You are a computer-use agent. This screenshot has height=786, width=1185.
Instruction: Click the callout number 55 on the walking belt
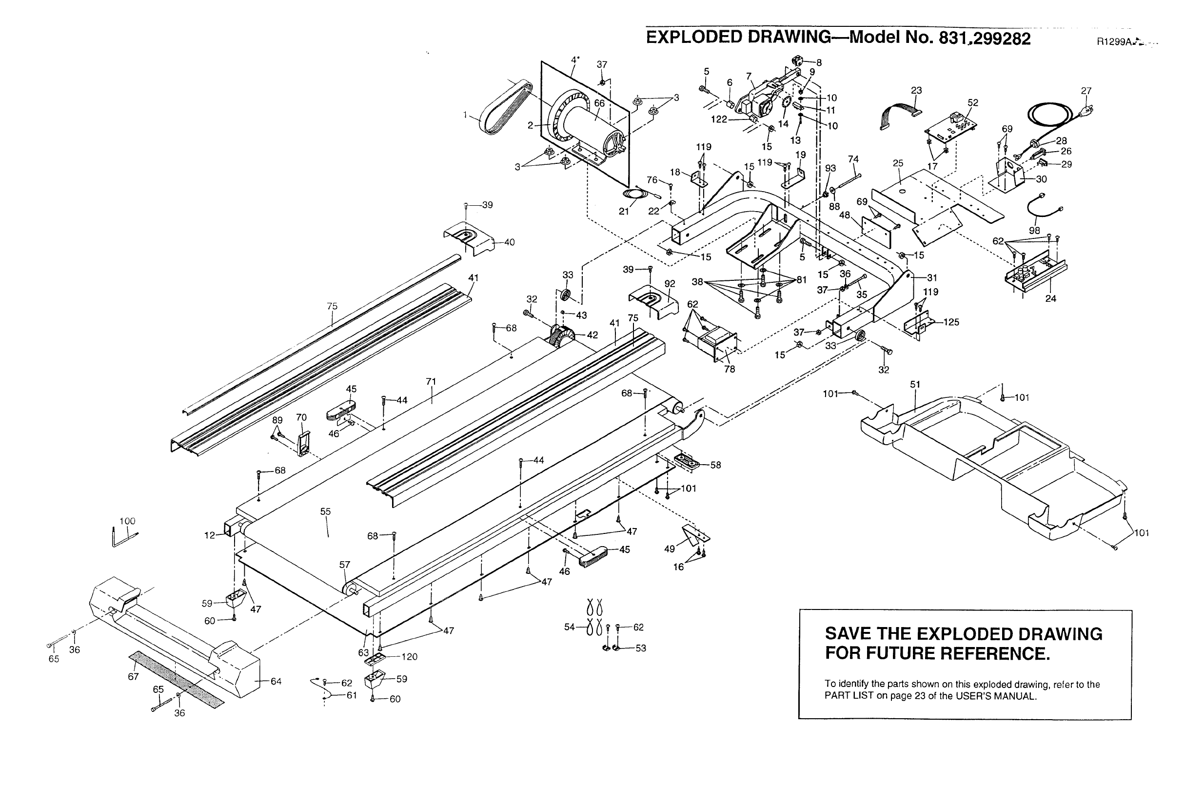[325, 512]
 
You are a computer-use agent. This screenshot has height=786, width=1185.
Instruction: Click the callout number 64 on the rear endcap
[276, 681]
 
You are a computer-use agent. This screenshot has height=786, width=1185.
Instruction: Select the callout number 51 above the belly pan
[915, 385]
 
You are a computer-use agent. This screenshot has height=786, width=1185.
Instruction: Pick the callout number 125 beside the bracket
[951, 322]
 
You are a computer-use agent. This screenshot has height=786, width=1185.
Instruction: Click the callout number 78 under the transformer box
[730, 369]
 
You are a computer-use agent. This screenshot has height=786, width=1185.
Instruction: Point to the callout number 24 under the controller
[1051, 298]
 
